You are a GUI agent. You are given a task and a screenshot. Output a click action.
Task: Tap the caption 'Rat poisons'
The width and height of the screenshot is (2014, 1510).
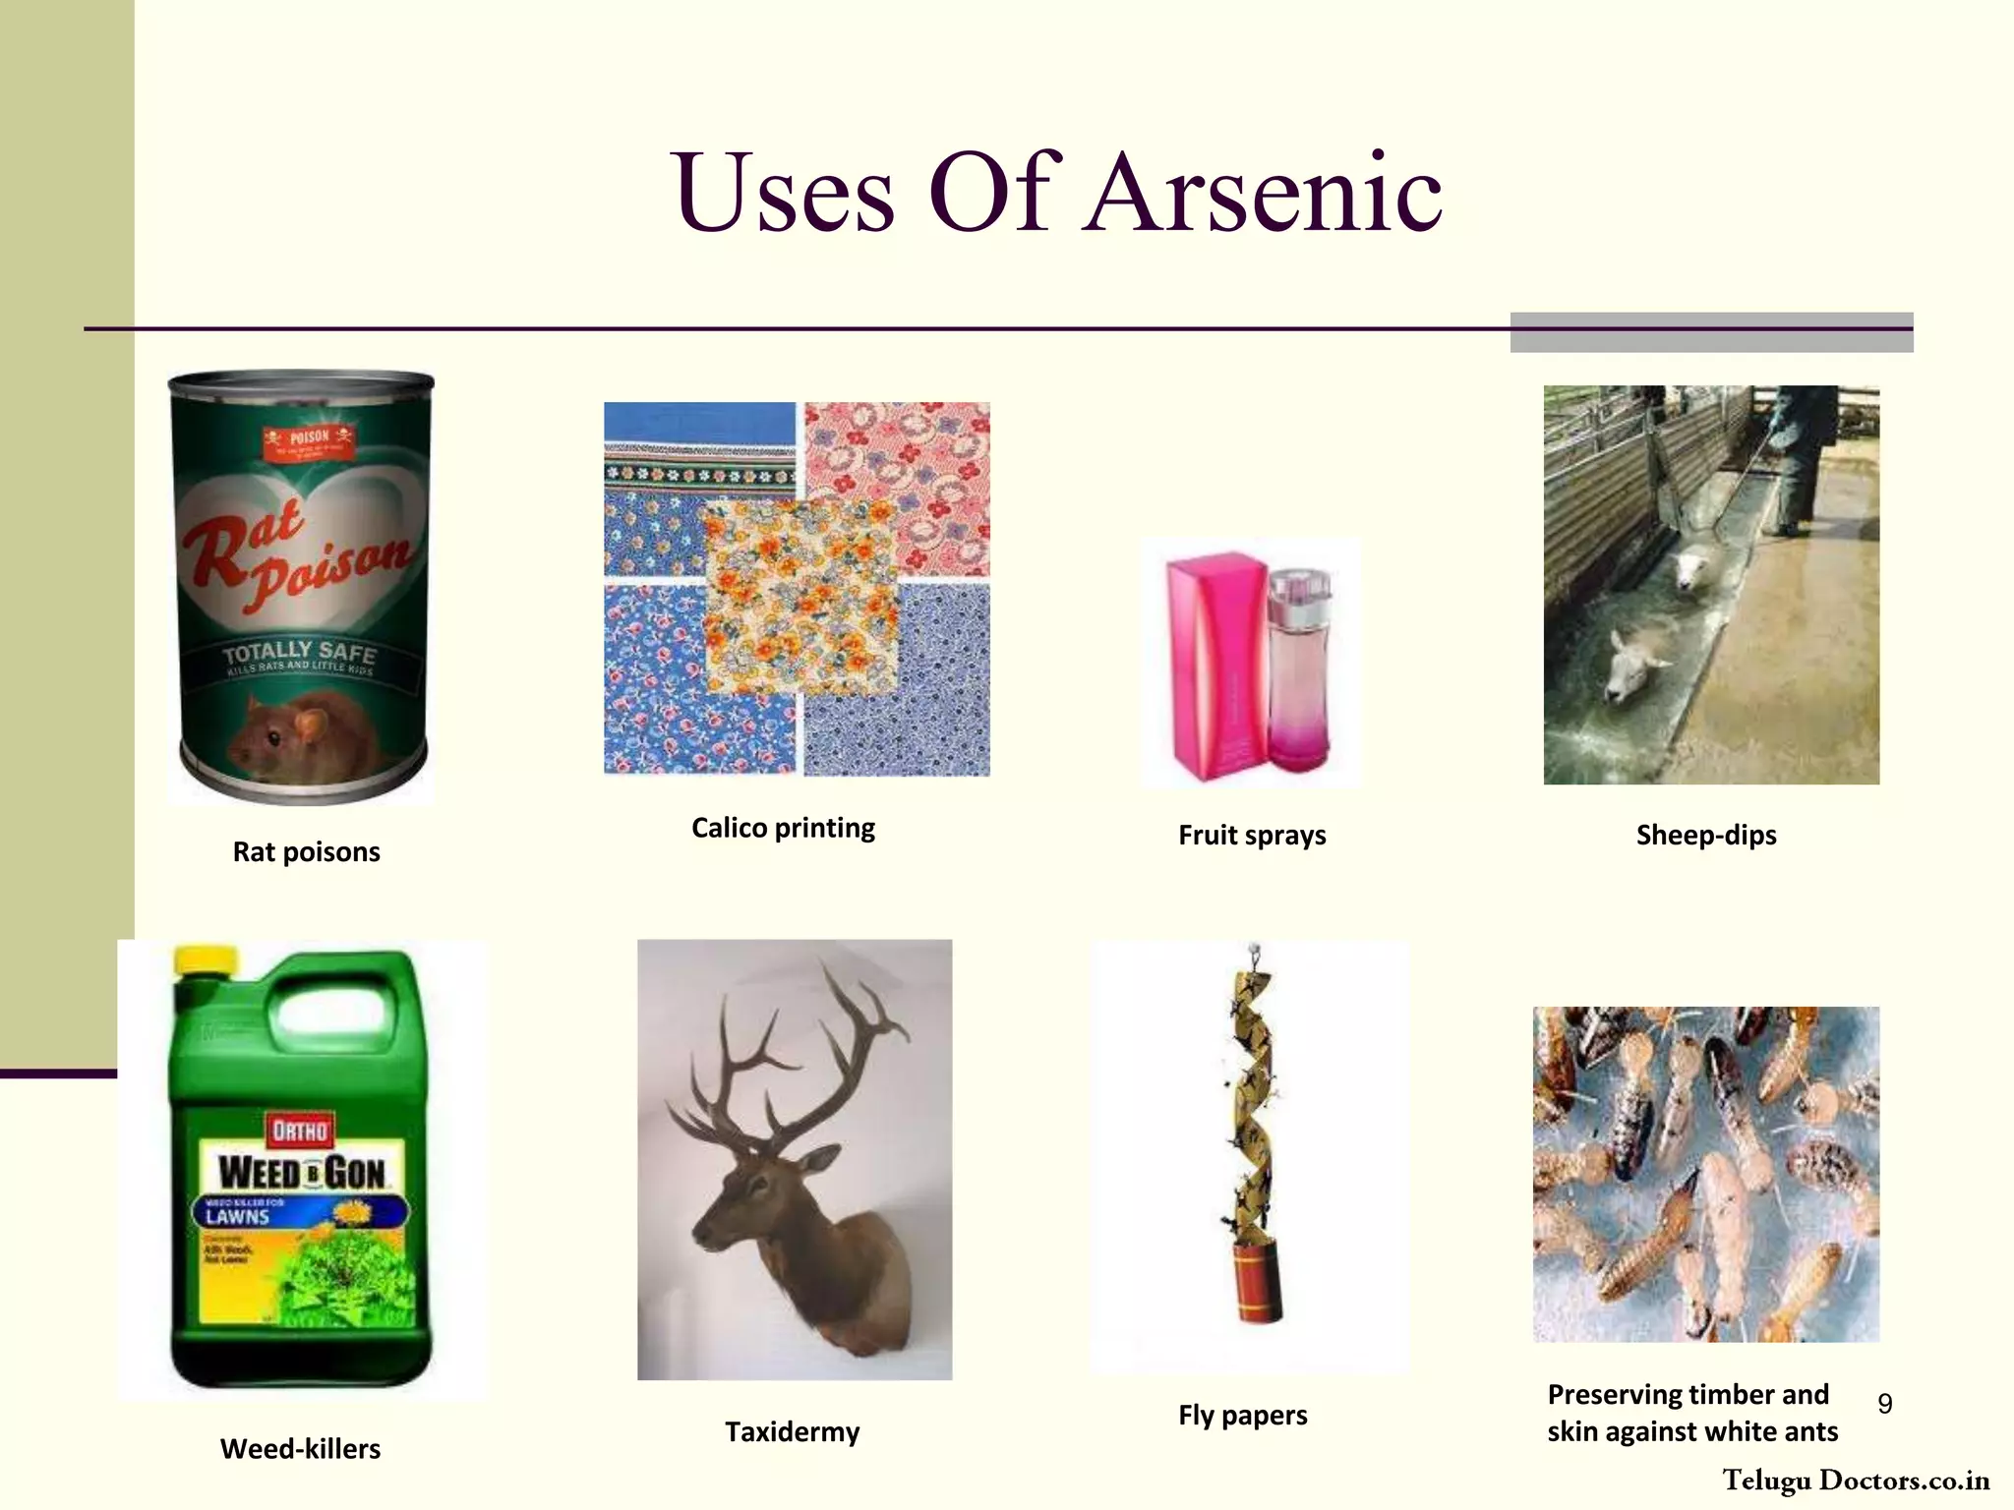click(306, 851)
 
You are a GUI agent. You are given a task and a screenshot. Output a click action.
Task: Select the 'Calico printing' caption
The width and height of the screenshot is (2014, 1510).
click(783, 828)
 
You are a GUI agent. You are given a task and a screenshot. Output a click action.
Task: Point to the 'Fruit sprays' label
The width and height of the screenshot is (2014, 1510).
click(1252, 835)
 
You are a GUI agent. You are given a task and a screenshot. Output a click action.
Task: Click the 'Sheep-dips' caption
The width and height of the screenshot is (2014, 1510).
click(1706, 835)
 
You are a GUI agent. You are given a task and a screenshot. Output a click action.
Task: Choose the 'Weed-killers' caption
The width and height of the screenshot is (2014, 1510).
click(300, 1448)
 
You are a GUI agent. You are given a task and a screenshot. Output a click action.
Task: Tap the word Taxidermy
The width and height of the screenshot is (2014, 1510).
click(792, 1431)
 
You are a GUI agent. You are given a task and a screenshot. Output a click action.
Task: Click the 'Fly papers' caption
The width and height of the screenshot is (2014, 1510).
click(1243, 1415)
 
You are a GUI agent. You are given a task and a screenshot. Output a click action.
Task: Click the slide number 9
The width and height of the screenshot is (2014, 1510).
click(1884, 1403)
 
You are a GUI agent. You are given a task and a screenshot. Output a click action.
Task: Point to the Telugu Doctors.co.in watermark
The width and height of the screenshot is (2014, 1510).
click(1856, 1481)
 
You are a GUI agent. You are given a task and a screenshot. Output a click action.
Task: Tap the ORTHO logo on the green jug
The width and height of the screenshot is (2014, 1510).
click(300, 1131)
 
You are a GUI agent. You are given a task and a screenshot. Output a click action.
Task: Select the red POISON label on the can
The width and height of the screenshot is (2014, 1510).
click(310, 441)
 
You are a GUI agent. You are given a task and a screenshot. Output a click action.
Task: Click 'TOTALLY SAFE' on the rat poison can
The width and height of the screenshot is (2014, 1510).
click(299, 651)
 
